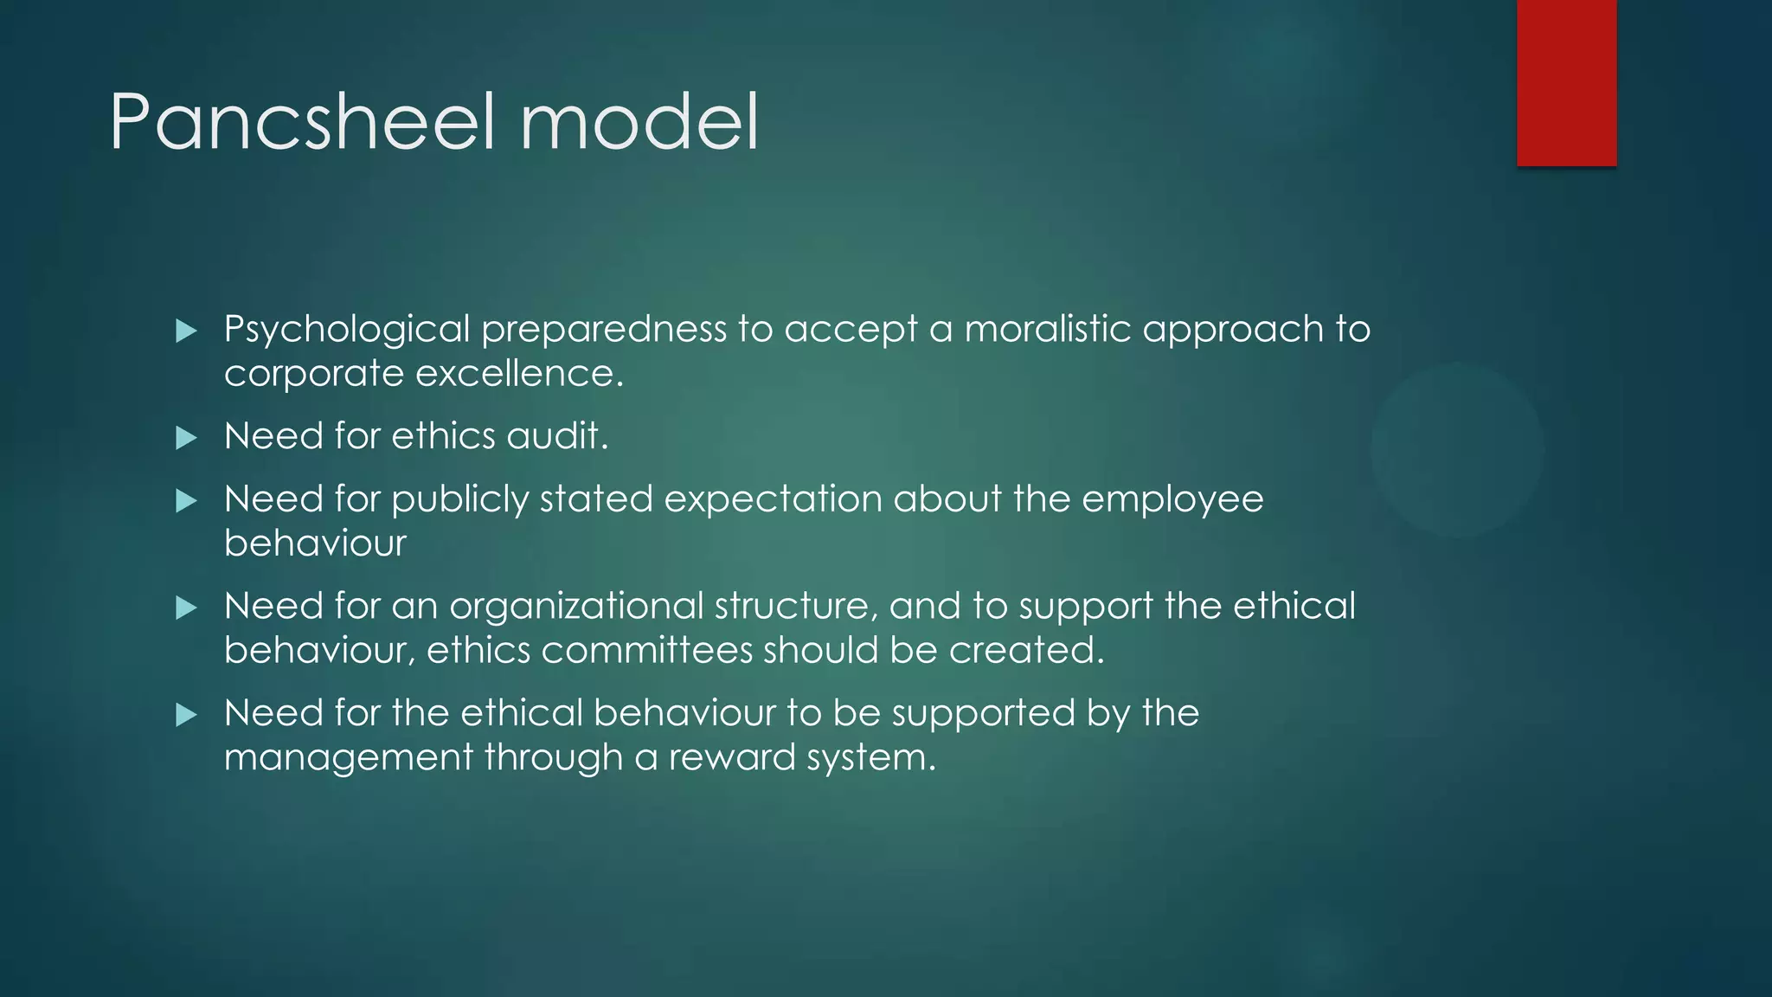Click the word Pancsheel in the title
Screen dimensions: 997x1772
(x=302, y=122)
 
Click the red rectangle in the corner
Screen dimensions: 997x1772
(x=1566, y=82)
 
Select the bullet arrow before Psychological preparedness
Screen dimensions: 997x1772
(x=186, y=331)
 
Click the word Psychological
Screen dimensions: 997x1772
(x=346, y=330)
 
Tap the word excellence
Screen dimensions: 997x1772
(x=519, y=374)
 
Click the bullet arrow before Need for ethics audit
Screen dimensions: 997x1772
(x=186, y=438)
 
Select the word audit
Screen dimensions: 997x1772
(x=557, y=436)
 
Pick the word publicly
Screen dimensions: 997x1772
(x=459, y=500)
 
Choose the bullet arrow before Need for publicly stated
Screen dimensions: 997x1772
(x=186, y=501)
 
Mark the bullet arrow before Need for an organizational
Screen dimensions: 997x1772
(x=186, y=608)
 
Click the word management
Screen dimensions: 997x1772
(x=348, y=758)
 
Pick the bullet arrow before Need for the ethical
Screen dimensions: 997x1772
(x=186, y=715)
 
